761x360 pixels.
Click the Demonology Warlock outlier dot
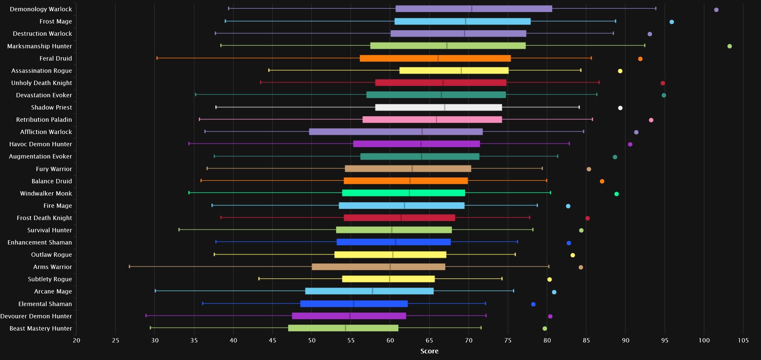pos(716,10)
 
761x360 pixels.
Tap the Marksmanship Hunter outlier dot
pos(729,46)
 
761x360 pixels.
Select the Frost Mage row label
pos(56,22)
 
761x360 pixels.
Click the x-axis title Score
pos(429,351)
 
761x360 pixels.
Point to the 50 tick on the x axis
pos(312,340)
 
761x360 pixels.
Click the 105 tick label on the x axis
pos(743,340)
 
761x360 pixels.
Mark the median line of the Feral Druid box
pos(438,59)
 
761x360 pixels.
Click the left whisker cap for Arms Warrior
pos(129,266)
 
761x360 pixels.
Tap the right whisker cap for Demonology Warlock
pos(655,9)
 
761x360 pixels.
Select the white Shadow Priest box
pos(438,108)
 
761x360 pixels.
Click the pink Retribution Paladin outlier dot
pos(651,120)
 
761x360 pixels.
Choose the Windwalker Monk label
pos(46,194)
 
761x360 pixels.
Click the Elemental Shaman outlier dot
pos(533,304)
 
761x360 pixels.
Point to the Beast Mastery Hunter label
pos(41,329)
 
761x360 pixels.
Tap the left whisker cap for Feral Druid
pos(157,58)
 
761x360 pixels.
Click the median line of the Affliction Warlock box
pos(422,132)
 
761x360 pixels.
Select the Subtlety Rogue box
pos(388,279)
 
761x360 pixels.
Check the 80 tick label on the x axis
pos(547,340)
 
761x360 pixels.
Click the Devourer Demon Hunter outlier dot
pos(550,317)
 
